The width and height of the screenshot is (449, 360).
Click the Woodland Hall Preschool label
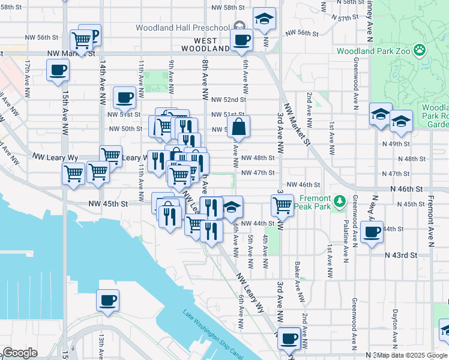pyautogui.click(x=183, y=28)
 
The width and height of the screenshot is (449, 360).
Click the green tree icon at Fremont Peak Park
pyautogui.click(x=340, y=200)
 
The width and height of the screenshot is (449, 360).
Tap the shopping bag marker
pyautogui.click(x=238, y=127)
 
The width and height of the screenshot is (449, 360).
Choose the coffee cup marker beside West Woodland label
pyautogui.click(x=241, y=40)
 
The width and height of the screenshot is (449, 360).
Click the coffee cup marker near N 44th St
pyautogui.click(x=372, y=232)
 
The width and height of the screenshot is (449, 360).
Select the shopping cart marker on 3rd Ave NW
pyautogui.click(x=282, y=205)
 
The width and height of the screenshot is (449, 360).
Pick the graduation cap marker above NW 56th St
pyautogui.click(x=264, y=19)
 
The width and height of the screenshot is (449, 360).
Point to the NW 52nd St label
pyautogui.click(x=229, y=100)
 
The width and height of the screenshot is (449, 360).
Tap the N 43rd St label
pyautogui.click(x=401, y=255)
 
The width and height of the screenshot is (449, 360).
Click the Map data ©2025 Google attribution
pyautogui.click(x=411, y=355)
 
